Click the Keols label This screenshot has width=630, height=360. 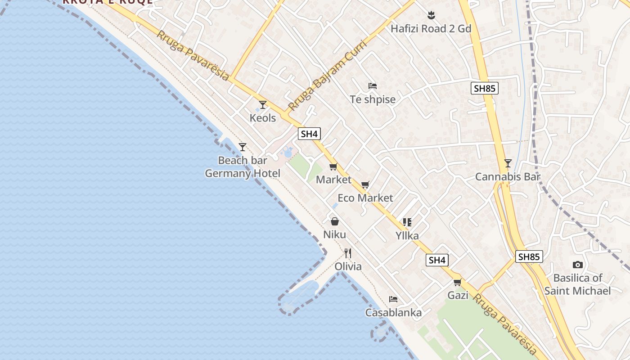263,118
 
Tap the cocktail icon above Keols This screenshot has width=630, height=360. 263,105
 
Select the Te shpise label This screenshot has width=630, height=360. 373,99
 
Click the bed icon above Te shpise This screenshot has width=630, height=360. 372,85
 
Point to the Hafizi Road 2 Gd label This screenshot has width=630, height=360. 431,29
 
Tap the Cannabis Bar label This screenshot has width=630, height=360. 508,177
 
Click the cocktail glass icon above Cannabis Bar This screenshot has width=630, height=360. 508,163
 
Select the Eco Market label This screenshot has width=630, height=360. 365,198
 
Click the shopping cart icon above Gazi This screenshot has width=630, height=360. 458,282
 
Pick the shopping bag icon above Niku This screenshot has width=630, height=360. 335,221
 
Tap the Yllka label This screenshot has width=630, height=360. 407,235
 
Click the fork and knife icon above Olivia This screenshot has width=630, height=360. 348,253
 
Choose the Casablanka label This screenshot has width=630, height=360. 393,313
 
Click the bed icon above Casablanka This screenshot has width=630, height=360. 393,299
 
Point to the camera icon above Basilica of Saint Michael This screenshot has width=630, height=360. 578,265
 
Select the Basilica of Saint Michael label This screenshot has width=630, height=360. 577,284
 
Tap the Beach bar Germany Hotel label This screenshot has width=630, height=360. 243,167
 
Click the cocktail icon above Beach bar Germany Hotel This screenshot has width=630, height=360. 243,147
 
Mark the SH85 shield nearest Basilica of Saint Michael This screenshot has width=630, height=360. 529,256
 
